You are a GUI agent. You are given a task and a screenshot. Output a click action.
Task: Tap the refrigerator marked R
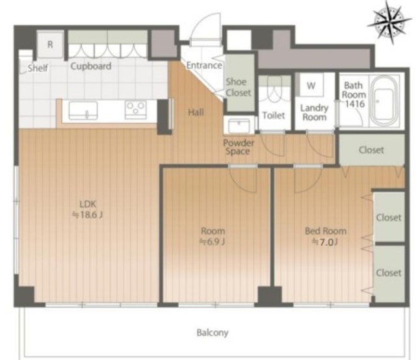(x=50, y=44)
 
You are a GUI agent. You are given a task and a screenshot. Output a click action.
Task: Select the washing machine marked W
(x=311, y=85)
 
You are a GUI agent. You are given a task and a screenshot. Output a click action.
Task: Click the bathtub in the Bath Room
(x=384, y=101)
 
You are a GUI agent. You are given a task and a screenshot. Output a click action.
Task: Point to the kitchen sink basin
(x=83, y=110)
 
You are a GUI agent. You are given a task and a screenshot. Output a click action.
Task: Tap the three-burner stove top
(x=136, y=110)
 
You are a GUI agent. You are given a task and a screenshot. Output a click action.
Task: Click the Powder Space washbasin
(x=239, y=126)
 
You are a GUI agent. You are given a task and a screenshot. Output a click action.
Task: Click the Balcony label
(x=213, y=333)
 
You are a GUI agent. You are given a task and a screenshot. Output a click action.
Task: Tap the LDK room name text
(x=88, y=204)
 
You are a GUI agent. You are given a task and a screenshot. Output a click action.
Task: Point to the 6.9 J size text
(x=213, y=242)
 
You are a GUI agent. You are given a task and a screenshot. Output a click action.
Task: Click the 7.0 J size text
(x=325, y=242)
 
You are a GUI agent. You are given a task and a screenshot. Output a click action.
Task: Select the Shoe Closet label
(x=238, y=87)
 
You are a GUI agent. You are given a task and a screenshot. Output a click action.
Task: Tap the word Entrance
(x=204, y=65)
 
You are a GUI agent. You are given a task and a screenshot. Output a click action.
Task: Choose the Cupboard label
(x=90, y=66)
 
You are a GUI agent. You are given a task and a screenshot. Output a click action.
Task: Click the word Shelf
(x=38, y=68)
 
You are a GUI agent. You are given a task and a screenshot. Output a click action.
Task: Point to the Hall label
(x=196, y=112)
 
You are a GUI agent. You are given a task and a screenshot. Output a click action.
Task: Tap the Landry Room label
(x=315, y=112)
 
